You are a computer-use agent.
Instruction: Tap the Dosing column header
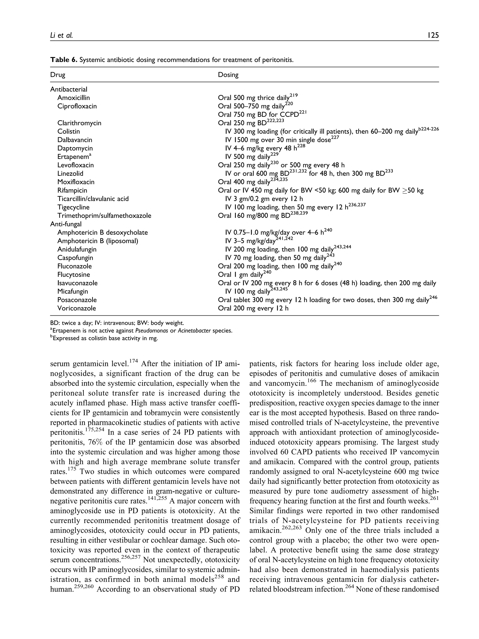click(228, 75)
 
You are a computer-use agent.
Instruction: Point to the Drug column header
click(58, 75)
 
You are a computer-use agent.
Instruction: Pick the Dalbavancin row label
click(75, 140)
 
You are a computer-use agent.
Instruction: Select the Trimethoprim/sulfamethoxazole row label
click(104, 216)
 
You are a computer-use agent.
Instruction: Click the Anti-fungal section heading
click(66, 224)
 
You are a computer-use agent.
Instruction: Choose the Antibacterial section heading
click(69, 90)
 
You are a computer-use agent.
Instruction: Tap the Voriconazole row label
click(76, 308)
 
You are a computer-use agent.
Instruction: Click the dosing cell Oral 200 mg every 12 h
click(253, 308)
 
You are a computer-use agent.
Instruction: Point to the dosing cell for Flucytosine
click(241, 275)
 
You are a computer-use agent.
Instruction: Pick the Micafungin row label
click(73, 292)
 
